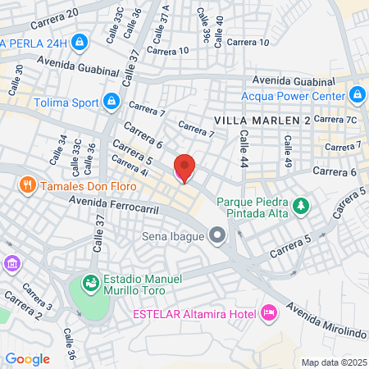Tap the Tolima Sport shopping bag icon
tap(112, 102)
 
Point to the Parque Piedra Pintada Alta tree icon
tap(303, 205)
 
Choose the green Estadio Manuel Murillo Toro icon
tap(90, 283)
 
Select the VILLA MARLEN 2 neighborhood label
tap(262, 121)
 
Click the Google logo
tap(27, 358)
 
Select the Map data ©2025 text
tap(332, 362)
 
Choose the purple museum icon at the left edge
tap(11, 263)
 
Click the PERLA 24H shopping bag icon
tap(80, 41)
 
